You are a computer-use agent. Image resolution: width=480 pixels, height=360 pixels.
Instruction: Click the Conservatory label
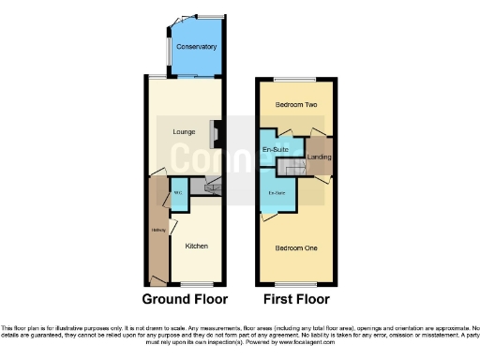(x=196, y=46)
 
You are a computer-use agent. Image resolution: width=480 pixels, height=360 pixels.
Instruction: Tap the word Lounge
(x=184, y=131)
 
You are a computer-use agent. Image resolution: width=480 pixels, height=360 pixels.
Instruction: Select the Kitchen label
(x=196, y=246)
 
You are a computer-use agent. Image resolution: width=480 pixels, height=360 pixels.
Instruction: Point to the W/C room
(x=178, y=195)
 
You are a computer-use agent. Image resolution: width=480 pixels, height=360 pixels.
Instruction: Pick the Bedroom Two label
(x=296, y=107)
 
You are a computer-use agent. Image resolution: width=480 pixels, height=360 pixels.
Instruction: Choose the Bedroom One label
(x=296, y=247)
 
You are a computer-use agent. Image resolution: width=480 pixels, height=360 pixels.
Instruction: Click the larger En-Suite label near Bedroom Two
(x=275, y=150)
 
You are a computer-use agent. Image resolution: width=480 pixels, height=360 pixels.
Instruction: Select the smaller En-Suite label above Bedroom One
(x=277, y=193)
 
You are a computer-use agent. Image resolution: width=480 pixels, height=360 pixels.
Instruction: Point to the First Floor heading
(x=294, y=300)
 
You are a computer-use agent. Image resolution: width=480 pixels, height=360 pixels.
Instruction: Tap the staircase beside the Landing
(x=299, y=168)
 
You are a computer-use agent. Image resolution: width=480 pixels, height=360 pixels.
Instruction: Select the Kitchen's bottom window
(x=195, y=282)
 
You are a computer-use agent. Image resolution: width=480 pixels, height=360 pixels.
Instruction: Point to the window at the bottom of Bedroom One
(x=296, y=282)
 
